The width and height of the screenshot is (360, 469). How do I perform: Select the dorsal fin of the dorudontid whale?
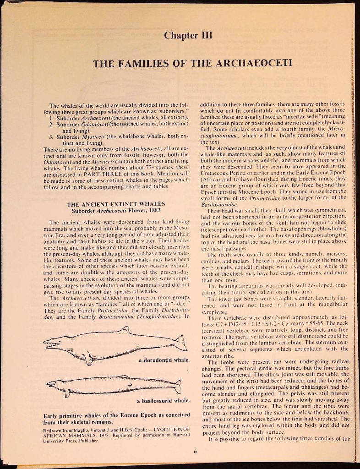click(125, 329)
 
